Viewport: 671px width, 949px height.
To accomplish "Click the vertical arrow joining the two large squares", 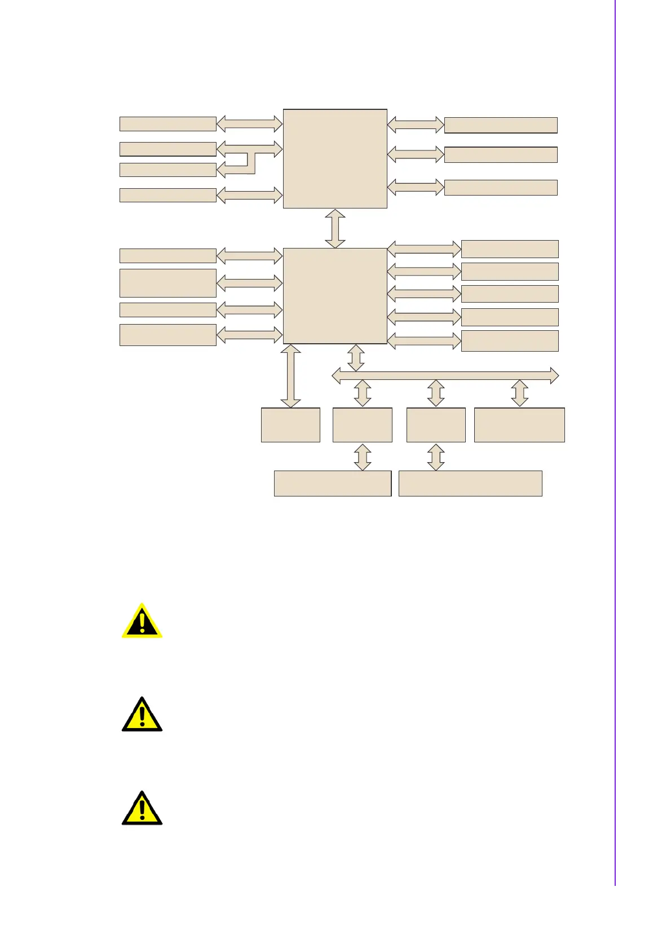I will [x=335, y=228].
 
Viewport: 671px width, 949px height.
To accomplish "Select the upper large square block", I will [x=335, y=158].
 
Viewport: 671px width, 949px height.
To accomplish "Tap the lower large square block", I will [x=335, y=295].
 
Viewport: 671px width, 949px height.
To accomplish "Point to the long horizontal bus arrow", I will [x=445, y=375].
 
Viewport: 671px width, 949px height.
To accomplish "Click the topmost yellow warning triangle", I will [x=142, y=621].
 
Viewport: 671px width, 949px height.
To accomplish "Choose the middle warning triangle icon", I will [x=142, y=715].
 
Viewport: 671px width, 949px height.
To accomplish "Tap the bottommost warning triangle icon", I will [x=142, y=809].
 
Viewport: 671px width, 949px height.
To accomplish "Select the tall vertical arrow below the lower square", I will [x=290, y=376].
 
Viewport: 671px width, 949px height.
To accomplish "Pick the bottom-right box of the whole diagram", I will [x=470, y=484].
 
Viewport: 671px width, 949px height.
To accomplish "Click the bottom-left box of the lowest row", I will [x=333, y=484].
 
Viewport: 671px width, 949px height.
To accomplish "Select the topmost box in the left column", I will [x=168, y=123].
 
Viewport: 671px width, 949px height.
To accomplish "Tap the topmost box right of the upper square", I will [x=501, y=125].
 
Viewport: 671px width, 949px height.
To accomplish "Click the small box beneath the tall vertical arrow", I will [x=290, y=425].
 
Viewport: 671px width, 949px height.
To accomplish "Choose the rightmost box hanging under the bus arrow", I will [x=519, y=425].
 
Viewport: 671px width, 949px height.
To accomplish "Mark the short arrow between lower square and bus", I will [x=356, y=358].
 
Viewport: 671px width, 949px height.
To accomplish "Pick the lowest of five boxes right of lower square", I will [x=510, y=341].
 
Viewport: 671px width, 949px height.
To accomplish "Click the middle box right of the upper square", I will [x=501, y=154].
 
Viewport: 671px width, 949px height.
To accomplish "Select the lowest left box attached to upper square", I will [x=168, y=195].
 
